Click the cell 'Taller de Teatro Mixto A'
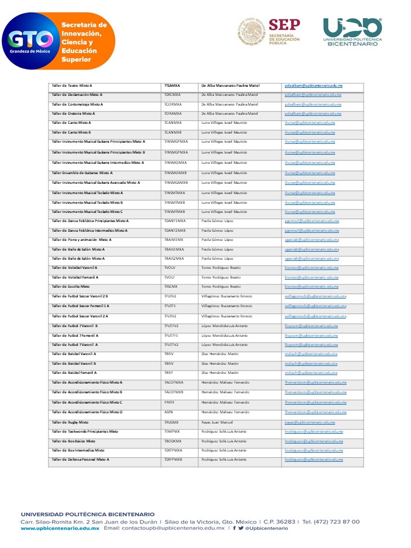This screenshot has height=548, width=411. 72,85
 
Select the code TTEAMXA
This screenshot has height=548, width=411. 172,85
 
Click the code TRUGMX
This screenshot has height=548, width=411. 171,422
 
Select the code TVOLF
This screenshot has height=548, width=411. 170,277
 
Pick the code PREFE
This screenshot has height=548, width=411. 170,402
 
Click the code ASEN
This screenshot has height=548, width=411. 168,412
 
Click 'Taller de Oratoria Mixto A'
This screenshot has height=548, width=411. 74,114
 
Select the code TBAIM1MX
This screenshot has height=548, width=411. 174,240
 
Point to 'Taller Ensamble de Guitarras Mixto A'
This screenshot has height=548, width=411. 82,172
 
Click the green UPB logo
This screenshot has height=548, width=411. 352,27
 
